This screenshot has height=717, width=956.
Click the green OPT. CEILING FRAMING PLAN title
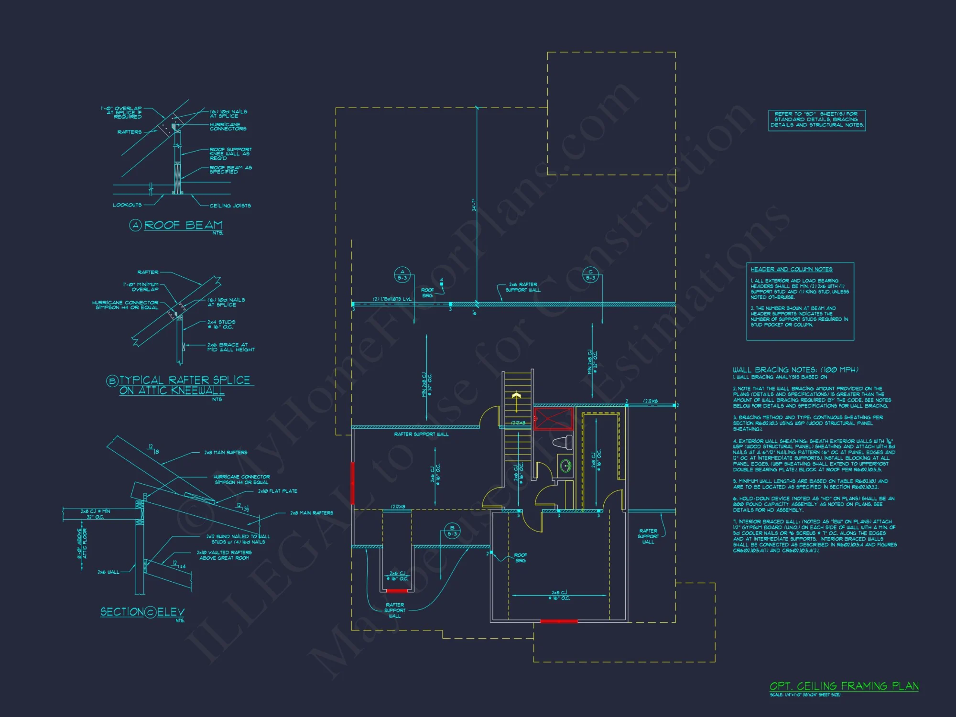pos(844,686)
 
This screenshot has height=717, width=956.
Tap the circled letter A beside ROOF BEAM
pos(135,225)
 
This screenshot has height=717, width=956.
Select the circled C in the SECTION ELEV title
pos(150,612)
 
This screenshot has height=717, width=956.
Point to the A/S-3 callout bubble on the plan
pos(402,275)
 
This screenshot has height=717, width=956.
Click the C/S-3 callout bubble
pos(590,275)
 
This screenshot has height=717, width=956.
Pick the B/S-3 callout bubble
pos(452,531)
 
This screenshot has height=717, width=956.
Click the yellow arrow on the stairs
pos(516,401)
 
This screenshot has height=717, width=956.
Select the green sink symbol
pos(565,465)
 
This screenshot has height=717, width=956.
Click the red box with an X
pos(553,419)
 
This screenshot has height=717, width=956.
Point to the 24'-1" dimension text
pos(474,205)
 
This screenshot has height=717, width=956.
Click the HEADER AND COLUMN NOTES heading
pos(791,269)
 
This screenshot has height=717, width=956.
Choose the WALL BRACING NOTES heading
pos(795,369)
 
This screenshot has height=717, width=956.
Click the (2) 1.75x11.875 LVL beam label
pos(392,299)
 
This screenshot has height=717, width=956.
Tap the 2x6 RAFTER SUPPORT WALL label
pos(523,287)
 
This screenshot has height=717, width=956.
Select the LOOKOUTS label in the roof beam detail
pos(127,205)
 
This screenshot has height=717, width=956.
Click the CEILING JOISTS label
pos(230,206)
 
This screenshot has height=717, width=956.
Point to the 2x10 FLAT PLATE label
pos(277,491)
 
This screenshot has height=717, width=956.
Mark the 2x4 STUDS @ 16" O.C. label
pos(221,325)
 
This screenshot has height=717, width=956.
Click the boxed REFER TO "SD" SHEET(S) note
pos(817,119)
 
